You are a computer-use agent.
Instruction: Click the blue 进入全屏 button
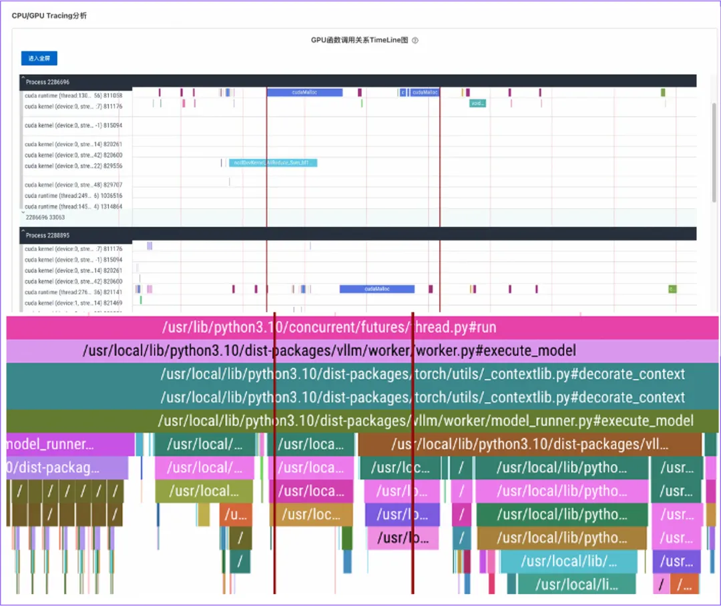click(39, 59)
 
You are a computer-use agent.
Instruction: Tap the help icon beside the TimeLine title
click(415, 40)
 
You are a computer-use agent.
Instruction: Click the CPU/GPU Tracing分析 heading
click(49, 15)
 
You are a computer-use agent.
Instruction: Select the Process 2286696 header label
click(45, 81)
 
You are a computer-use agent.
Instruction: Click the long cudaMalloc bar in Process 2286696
click(304, 93)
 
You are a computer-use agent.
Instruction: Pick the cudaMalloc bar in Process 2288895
click(377, 289)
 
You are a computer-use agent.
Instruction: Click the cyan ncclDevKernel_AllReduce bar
click(272, 163)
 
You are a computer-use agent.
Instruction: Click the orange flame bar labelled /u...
click(236, 515)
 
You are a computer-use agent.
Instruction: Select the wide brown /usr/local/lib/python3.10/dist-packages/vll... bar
click(529, 444)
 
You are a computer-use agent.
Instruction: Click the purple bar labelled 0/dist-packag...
click(67, 468)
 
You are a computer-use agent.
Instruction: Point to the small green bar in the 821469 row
click(141, 300)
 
